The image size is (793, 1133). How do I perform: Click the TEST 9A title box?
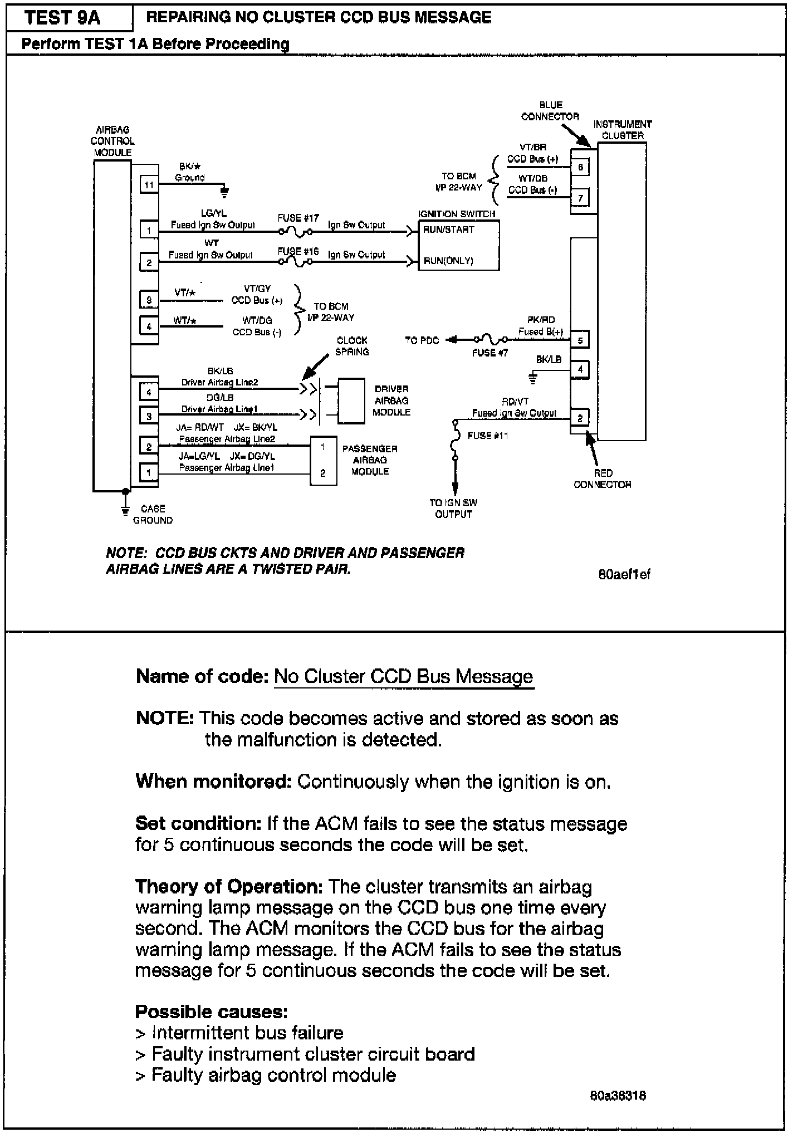(63, 18)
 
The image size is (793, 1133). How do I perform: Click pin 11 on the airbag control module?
(149, 184)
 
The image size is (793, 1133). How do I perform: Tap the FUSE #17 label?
(298, 218)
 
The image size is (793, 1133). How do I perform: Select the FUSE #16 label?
(298, 251)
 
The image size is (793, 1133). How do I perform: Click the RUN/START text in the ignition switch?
(448, 229)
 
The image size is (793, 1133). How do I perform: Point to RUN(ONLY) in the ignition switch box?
(448, 260)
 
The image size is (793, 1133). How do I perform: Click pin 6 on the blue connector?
(580, 167)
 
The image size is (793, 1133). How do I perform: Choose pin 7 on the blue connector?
(580, 198)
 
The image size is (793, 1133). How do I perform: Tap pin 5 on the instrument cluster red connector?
(580, 340)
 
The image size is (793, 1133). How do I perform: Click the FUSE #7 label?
(490, 353)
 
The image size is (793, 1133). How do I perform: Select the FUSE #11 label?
(488, 436)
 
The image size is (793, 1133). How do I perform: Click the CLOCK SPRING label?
(352, 346)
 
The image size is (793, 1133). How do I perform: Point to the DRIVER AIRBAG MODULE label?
(392, 401)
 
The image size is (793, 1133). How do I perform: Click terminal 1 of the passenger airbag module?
(323, 447)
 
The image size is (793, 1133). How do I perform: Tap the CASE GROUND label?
(153, 514)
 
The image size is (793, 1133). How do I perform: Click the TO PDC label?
(422, 340)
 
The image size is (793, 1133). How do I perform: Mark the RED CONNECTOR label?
(603, 478)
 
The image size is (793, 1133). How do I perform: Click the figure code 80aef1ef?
(624, 574)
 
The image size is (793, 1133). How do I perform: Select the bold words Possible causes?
(212, 1011)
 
